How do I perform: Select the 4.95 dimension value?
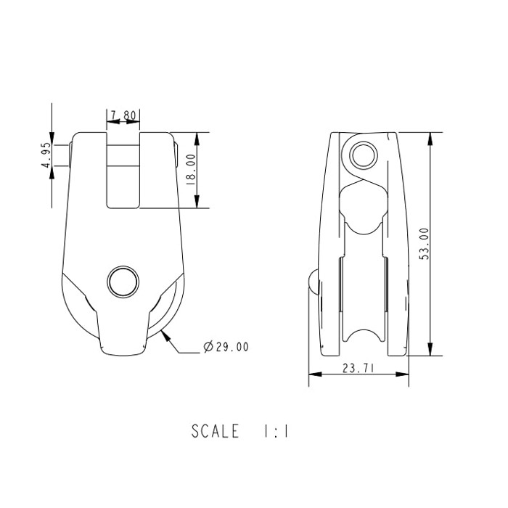coord(45,155)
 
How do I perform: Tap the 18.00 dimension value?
coord(191,170)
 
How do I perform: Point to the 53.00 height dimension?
coord(425,243)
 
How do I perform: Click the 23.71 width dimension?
coord(358,369)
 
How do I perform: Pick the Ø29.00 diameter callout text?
coord(226,348)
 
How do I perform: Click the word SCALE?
coord(215,431)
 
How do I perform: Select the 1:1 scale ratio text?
coord(276,431)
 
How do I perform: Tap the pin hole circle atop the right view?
coord(362,155)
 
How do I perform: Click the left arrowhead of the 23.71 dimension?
coord(313,374)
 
